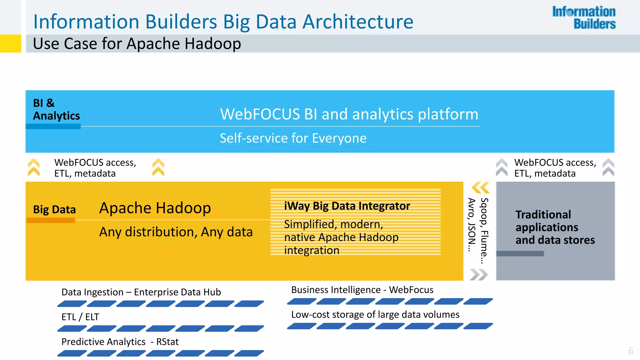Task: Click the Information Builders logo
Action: pos(584,18)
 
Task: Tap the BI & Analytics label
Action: pos(56,109)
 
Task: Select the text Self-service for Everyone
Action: pos(293,138)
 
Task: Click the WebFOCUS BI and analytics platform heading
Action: pos(349,114)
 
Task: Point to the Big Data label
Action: pos(54,209)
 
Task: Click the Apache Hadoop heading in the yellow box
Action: pos(155,208)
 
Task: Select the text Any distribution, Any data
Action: pos(176,232)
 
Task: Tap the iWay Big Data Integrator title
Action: pos(347,206)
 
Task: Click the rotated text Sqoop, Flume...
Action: pos(484,231)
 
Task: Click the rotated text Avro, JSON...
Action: pos(472,225)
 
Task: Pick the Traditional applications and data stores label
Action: pos(555,227)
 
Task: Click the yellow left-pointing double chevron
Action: pos(480,188)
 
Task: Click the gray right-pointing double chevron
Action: pos(478,275)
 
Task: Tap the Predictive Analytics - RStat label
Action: pos(120,342)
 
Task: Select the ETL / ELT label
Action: pos(80,317)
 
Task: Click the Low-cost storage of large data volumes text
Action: pos(375,314)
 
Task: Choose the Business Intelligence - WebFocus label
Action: pos(362,290)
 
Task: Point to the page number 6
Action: pos(631,351)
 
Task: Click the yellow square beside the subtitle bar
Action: pos(11,43)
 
